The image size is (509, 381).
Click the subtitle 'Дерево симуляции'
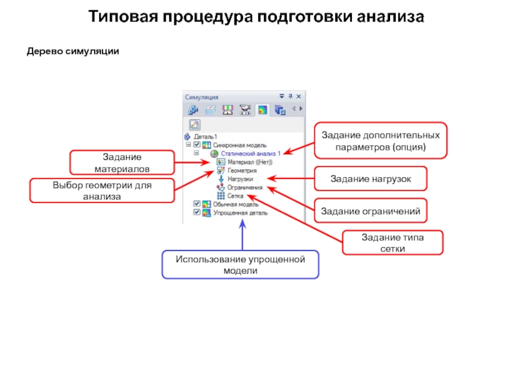73,51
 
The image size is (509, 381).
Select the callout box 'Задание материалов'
122,163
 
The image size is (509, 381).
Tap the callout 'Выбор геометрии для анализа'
101,190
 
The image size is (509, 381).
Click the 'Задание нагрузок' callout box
370,180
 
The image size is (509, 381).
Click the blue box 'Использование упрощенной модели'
241,265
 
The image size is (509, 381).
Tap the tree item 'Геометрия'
242,171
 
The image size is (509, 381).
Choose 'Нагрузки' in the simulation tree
239,179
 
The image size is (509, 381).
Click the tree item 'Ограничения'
244,188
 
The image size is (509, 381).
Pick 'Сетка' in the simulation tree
235,196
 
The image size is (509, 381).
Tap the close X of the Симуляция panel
298,97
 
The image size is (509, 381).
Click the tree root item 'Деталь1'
206,137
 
